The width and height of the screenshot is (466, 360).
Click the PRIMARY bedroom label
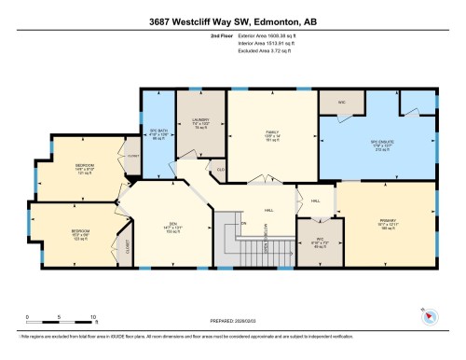(x=385, y=223)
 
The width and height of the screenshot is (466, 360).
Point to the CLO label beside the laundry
(x=221, y=169)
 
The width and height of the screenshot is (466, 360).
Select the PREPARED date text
(x=233, y=321)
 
